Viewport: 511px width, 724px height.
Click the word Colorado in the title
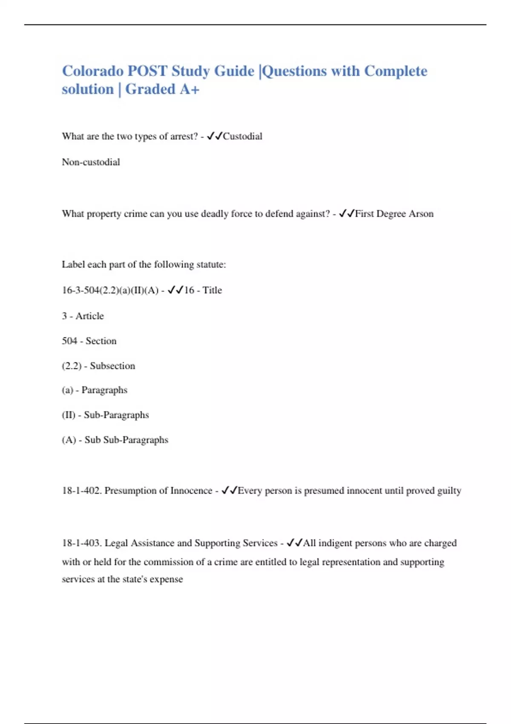tap(92, 71)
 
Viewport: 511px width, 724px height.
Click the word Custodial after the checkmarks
tap(242, 136)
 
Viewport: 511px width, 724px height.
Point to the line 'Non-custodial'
tap(91, 162)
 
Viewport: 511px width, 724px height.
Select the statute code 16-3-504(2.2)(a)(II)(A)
tap(110, 290)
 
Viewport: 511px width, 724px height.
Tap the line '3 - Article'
tap(83, 316)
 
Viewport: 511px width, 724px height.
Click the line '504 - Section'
tap(89, 341)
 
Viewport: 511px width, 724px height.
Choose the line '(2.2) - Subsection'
tap(98, 366)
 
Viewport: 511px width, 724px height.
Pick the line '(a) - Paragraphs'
tap(94, 390)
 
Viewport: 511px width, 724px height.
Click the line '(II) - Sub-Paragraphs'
tap(105, 415)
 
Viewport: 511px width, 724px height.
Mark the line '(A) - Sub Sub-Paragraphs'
tap(115, 440)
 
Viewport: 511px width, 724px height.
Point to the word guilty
tap(449, 491)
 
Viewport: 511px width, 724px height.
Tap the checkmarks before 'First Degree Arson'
tap(347, 214)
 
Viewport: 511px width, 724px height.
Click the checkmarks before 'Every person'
tap(229, 491)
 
